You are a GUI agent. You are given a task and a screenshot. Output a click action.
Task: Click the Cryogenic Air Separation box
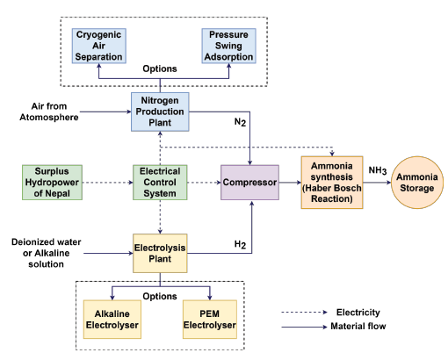click(99, 46)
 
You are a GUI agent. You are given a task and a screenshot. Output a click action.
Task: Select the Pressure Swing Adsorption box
click(228, 46)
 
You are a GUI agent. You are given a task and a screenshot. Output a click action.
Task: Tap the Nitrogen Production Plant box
click(160, 112)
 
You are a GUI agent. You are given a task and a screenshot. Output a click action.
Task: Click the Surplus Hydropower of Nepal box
click(52, 183)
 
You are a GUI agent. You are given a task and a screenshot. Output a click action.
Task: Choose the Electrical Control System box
click(160, 183)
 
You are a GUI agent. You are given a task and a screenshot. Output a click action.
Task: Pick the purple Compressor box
click(249, 183)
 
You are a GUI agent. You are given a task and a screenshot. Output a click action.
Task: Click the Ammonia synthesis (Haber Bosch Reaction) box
click(332, 183)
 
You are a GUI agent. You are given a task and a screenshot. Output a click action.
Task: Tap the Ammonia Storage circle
click(417, 183)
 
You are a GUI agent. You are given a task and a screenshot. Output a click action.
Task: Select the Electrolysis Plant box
click(160, 253)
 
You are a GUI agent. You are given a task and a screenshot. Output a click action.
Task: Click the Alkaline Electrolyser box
click(112, 320)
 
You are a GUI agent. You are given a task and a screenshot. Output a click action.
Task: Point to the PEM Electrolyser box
click(210, 320)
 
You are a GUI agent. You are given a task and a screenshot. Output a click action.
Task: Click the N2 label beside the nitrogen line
click(240, 122)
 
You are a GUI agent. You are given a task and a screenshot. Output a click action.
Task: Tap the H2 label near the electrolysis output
click(240, 244)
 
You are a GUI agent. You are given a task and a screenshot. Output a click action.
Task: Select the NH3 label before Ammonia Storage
click(378, 170)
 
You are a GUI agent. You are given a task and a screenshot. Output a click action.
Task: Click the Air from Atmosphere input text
click(49, 112)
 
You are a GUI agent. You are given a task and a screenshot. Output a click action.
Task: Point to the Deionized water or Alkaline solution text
click(46, 253)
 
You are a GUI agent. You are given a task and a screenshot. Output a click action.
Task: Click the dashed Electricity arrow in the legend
click(304, 313)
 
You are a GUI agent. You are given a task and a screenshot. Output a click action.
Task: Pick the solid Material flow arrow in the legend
click(304, 327)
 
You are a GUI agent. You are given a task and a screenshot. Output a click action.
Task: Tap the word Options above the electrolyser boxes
click(160, 296)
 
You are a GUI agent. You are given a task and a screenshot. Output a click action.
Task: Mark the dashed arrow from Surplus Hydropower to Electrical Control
click(107, 183)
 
